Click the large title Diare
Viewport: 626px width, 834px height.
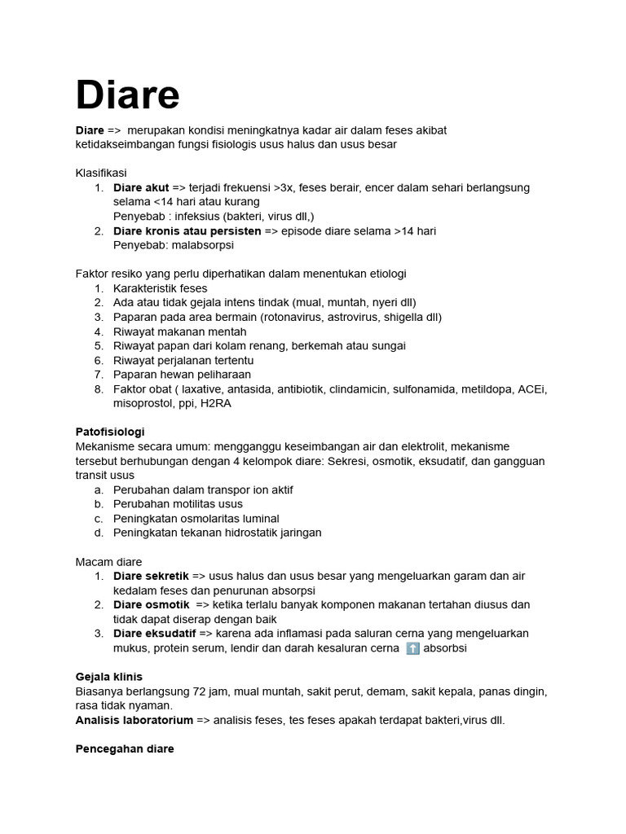127,95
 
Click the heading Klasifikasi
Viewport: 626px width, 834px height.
101,173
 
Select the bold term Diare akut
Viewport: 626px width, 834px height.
141,187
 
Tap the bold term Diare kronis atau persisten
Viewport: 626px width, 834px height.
187,230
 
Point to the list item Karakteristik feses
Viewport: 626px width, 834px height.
160,288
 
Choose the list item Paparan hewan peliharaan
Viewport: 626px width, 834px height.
183,375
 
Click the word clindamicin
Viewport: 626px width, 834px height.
362,389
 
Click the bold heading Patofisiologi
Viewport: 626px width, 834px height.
110,432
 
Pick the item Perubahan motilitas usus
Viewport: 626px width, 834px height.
178,504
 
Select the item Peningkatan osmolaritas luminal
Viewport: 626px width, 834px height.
196,518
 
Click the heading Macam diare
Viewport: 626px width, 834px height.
108,562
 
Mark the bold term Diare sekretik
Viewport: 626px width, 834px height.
151,576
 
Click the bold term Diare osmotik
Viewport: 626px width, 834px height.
151,604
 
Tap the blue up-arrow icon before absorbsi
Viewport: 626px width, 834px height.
412,648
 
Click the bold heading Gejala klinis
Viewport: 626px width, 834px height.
108,677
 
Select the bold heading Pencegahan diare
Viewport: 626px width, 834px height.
125,748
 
